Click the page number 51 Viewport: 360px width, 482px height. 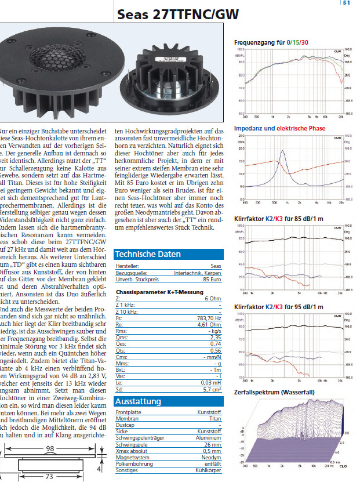347,3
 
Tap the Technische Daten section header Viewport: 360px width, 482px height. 148,254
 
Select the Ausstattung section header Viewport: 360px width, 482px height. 137,401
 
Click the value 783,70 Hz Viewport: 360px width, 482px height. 209,318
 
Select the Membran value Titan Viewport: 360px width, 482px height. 216,418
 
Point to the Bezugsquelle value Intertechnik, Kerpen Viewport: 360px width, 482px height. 198,273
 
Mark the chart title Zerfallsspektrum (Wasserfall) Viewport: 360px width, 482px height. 274,393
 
